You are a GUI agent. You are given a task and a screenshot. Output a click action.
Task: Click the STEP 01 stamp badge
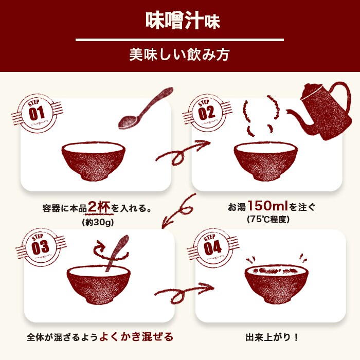point(37,113)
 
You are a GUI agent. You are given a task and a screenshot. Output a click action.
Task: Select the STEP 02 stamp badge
point(206,113)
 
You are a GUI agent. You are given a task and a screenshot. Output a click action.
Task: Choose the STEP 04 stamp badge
point(212,246)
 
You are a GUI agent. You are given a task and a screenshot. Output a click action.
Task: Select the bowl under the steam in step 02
point(265,160)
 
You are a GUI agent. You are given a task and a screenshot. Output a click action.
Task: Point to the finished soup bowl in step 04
point(276,286)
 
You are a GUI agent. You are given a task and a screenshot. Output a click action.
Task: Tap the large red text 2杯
point(99,207)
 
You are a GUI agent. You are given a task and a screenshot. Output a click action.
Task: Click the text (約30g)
point(97,222)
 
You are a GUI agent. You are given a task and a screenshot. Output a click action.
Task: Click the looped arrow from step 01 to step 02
point(183,152)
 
